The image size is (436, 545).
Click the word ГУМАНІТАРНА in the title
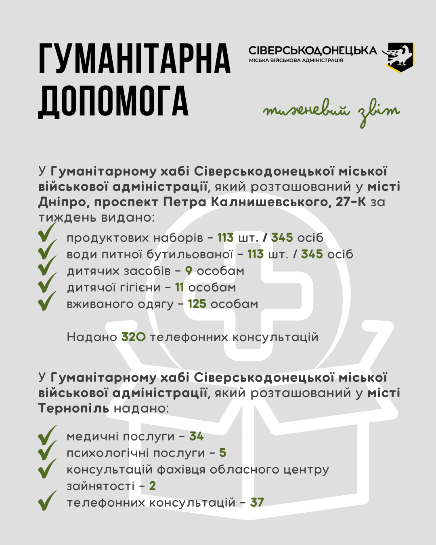click(x=135, y=59)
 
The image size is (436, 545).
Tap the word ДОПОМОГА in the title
click(x=113, y=101)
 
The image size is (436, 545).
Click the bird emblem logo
click(x=399, y=57)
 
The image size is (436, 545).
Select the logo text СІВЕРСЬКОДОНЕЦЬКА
click(x=312, y=50)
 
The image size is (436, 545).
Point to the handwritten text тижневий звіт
click(x=331, y=112)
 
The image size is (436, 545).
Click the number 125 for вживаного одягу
click(x=197, y=304)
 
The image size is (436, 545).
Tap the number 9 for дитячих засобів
click(x=189, y=271)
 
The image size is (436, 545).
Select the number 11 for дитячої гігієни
click(x=180, y=287)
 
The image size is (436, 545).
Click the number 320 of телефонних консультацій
click(x=134, y=337)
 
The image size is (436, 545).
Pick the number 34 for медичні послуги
click(x=197, y=436)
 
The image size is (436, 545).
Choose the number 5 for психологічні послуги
click(x=223, y=453)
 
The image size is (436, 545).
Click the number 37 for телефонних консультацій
click(x=257, y=503)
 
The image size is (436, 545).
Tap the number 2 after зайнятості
click(x=152, y=486)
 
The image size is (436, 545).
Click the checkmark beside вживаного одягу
click(x=47, y=301)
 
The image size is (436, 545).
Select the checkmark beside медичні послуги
click(x=47, y=435)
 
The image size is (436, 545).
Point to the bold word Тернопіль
click(x=74, y=408)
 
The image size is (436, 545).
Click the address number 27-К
click(x=350, y=202)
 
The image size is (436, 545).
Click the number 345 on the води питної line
click(x=312, y=254)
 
